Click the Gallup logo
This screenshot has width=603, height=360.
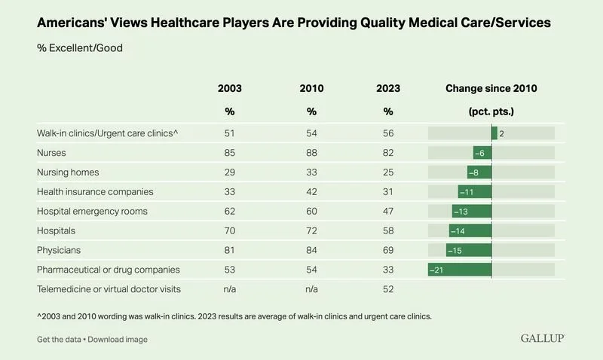coord(543,339)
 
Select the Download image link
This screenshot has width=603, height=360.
coord(118,340)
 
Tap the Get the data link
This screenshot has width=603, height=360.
coord(58,340)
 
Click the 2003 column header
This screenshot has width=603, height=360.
coord(231,88)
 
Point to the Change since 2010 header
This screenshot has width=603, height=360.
coord(491,88)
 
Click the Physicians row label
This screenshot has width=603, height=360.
coord(58,249)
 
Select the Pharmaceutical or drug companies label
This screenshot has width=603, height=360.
coord(108,269)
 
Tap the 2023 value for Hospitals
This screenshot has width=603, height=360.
coord(388,230)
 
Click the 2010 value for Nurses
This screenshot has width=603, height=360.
coord(311,153)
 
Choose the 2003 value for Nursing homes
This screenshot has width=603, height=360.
coord(231,172)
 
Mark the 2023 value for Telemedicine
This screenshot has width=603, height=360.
coord(388,288)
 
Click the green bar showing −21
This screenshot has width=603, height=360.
coord(460,269)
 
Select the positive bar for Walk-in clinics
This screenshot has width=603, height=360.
coord(494,133)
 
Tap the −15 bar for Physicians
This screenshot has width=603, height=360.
coord(469,249)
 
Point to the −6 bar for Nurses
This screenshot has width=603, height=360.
coord(482,153)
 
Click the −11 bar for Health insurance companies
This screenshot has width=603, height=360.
coord(475,192)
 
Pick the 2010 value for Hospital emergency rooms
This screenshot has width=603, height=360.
coord(311,211)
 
